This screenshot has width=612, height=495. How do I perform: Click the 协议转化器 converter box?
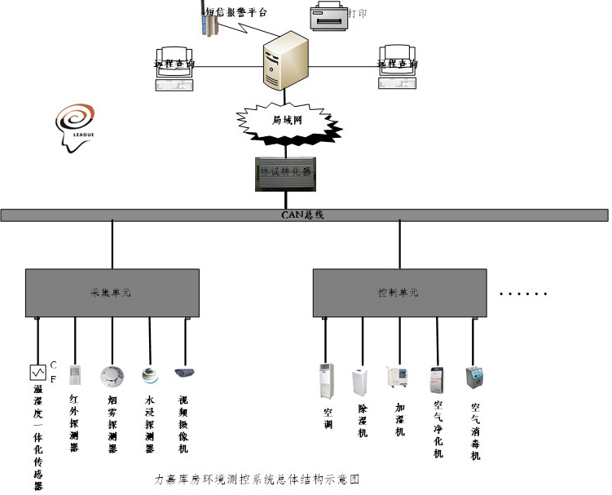pyautogui.click(x=284, y=174)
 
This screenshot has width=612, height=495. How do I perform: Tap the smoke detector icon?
pyautogui.click(x=112, y=376)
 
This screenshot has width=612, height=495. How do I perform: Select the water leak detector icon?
pyautogui.click(x=148, y=374)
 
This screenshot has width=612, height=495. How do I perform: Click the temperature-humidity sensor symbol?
pyautogui.click(x=37, y=373)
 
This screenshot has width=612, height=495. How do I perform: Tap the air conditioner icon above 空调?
pyautogui.click(x=326, y=382)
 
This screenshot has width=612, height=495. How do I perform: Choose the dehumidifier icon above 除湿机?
pyautogui.click(x=360, y=382)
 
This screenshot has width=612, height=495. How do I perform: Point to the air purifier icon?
pyautogui.click(x=438, y=380)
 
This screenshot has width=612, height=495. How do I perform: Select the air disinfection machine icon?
pyautogui.click(x=473, y=378)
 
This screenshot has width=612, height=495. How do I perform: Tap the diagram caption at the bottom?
pyautogui.click(x=258, y=480)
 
